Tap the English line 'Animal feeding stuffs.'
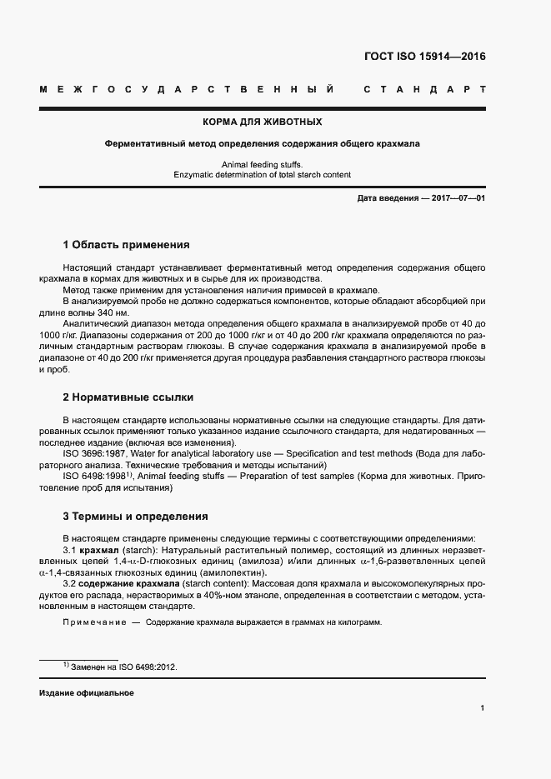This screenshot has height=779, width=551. [x=262, y=164]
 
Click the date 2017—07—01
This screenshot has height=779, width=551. [x=457, y=197]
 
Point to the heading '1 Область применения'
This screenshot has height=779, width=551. [x=127, y=245]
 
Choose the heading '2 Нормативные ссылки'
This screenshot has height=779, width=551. [x=128, y=397]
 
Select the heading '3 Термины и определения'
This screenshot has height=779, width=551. [x=135, y=516]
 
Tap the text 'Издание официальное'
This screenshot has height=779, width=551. [x=87, y=693]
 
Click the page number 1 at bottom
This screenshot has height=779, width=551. [x=483, y=708]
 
